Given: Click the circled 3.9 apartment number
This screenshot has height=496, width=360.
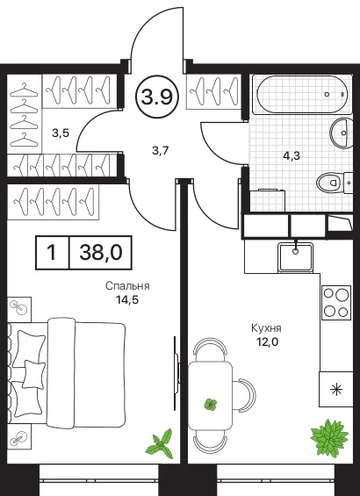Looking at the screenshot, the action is (x=157, y=97).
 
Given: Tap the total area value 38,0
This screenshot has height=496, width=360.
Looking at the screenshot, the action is (x=101, y=253).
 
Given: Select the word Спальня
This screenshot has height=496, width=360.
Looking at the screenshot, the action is (x=127, y=286).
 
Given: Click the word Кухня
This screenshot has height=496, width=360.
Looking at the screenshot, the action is (x=266, y=328).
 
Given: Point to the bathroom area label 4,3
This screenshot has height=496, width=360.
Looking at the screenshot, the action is (x=292, y=155).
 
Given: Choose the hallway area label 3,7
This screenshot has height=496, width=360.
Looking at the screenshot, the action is (x=161, y=151).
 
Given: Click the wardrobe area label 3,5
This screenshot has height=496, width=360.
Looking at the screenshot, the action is (x=61, y=133).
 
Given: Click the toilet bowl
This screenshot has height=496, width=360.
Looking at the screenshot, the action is (x=328, y=182).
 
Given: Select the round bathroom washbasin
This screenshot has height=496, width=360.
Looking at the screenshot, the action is (x=342, y=133).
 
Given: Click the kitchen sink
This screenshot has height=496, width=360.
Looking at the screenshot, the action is (x=296, y=256).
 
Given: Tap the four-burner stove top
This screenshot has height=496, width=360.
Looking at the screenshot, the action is (x=336, y=302).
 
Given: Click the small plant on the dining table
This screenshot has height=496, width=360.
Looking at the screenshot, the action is (x=211, y=405).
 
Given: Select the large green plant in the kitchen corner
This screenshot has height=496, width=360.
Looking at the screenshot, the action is (x=329, y=437).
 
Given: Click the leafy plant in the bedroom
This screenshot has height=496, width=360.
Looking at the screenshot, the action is (x=161, y=444).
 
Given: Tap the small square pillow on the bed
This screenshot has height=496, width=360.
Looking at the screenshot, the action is (x=34, y=375).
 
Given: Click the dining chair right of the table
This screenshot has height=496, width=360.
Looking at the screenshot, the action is (x=244, y=394).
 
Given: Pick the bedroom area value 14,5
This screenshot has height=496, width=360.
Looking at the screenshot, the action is (x=127, y=299).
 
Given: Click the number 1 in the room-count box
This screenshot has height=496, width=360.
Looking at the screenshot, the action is (x=52, y=253).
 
